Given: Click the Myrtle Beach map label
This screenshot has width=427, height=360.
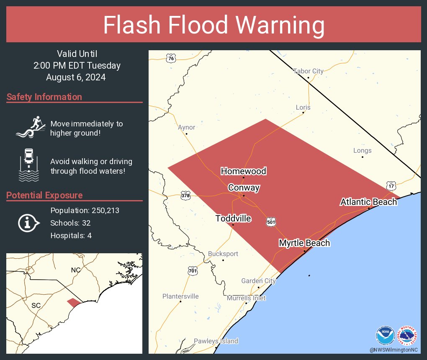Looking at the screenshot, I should pyautogui.click(x=304, y=243).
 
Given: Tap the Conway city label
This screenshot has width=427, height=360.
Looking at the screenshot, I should pyautogui.click(x=244, y=188).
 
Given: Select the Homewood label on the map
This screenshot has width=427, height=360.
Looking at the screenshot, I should pyautogui.click(x=243, y=171).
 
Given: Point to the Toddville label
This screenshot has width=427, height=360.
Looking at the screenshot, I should pyautogui.click(x=233, y=219).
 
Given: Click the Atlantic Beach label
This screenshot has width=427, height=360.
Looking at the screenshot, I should pyautogui.click(x=368, y=202).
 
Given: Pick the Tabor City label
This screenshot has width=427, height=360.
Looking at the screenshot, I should pyautogui.click(x=308, y=71).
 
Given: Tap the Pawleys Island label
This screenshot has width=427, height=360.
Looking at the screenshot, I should pyautogui.click(x=216, y=341).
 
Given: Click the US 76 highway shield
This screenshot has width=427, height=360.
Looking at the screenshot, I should pyautogui.click(x=170, y=58).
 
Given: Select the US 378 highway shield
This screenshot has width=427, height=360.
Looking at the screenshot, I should pyautogui.click(x=186, y=195).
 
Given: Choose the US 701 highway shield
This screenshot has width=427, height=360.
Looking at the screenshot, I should pyautogui.click(x=193, y=271).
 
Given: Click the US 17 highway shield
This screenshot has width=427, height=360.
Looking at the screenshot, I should pyautogui.click(x=391, y=185).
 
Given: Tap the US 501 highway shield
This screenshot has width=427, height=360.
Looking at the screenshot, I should pyautogui.click(x=270, y=221).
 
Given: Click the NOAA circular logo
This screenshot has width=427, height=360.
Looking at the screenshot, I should pyautogui.click(x=385, y=335).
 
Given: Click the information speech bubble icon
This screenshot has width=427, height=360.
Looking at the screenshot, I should pyautogui.click(x=28, y=223).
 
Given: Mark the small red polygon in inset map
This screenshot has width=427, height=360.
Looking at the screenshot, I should pyautogui.click(x=74, y=302).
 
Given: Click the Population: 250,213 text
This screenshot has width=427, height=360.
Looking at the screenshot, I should pyautogui.click(x=85, y=210).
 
